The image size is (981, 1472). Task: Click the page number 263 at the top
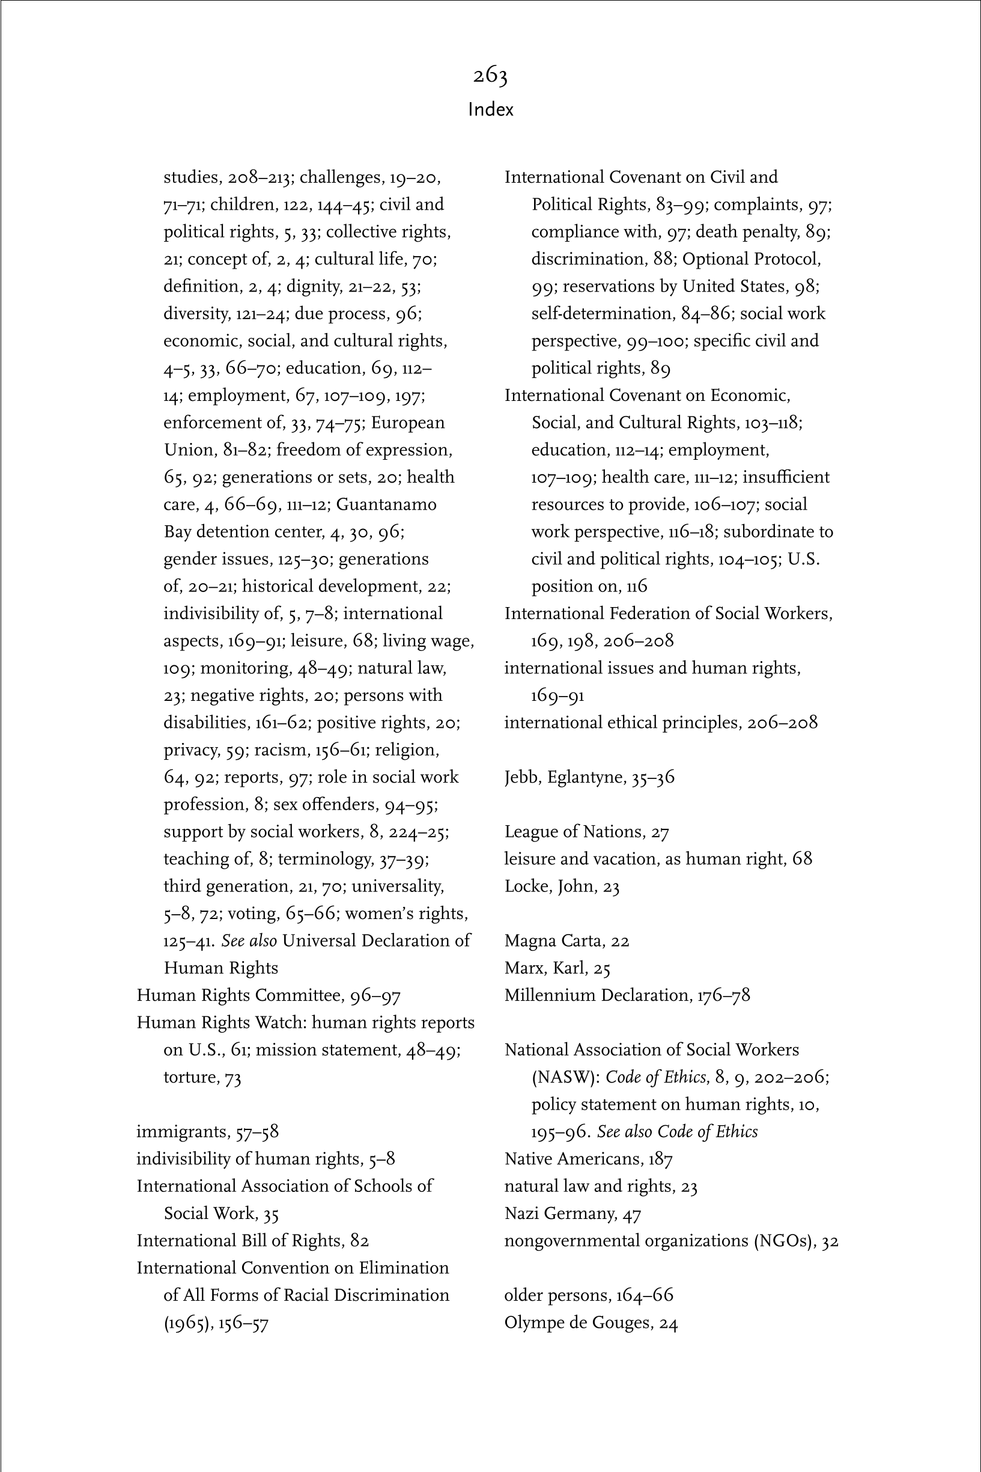point(490,76)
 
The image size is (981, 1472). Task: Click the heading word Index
point(490,109)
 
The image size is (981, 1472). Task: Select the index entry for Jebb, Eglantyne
point(589,777)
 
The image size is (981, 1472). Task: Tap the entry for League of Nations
point(586,832)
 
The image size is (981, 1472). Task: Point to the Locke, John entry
point(561,886)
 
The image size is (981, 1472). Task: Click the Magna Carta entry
point(566,941)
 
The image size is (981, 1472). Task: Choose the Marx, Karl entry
point(557,968)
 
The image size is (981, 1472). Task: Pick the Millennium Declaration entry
point(627,995)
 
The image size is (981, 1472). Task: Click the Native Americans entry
point(588,1159)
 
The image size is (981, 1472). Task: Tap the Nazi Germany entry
point(573,1214)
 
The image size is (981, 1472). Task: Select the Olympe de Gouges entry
point(591,1322)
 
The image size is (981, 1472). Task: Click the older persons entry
point(588,1295)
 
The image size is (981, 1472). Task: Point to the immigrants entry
point(207,1132)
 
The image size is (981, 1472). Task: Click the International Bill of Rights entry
point(252,1241)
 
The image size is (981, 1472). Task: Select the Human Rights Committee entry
point(269,995)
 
